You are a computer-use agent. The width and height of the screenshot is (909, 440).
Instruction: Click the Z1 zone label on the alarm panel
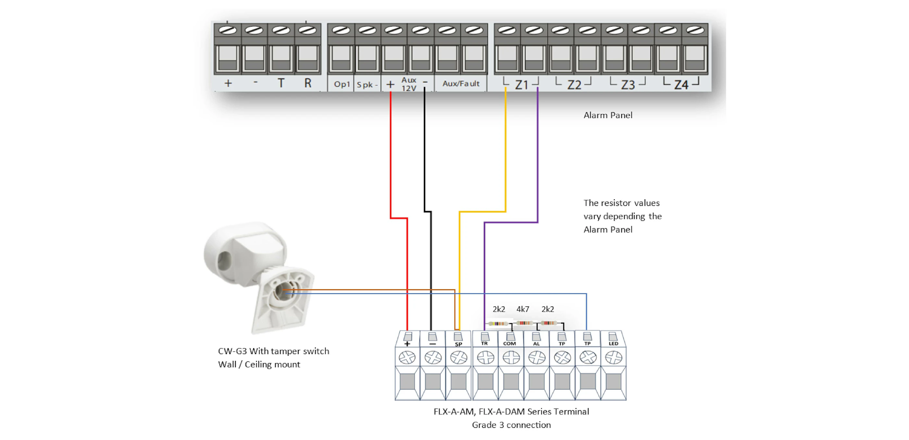(x=521, y=85)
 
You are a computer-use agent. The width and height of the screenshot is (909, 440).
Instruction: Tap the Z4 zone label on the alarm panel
(x=681, y=85)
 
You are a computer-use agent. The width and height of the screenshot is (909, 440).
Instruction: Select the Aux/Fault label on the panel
(x=461, y=84)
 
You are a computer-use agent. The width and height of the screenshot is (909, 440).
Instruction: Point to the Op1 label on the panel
(x=342, y=84)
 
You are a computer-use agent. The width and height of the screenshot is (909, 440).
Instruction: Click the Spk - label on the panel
(x=367, y=85)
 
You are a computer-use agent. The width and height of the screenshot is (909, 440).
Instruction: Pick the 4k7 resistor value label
(x=523, y=309)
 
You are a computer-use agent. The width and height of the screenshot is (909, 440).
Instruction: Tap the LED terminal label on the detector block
(x=613, y=343)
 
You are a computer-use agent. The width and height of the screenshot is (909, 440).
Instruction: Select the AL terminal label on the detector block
(x=536, y=344)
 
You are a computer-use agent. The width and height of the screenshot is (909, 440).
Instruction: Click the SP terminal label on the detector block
(x=458, y=344)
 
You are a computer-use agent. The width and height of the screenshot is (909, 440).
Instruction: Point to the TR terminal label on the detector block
(x=484, y=343)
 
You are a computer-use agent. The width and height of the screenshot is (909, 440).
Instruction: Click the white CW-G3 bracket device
(x=259, y=277)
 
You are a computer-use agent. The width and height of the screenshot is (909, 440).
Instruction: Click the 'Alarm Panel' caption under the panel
(x=608, y=115)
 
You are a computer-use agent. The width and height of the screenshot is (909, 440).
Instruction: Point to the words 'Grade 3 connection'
(x=511, y=425)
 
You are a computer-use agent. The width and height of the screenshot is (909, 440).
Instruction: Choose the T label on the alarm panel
(x=280, y=83)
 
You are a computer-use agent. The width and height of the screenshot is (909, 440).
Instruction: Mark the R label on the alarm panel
(x=308, y=83)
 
